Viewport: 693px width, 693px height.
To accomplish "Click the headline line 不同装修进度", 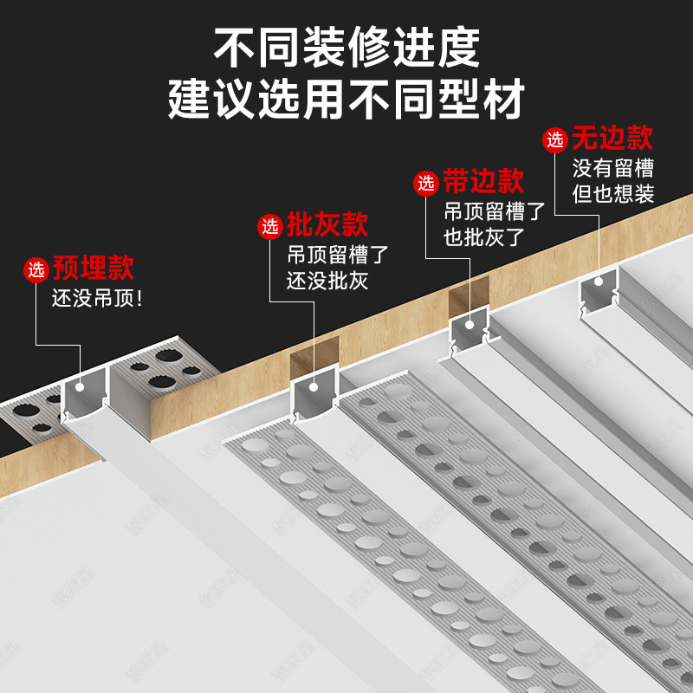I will pos(346,48).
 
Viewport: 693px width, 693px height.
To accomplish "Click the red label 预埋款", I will pos(94,268).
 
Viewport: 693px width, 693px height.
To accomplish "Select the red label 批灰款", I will pos(327,226).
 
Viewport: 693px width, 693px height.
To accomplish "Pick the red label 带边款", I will pos(483,182).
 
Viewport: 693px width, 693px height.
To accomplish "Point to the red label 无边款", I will pos(612,138).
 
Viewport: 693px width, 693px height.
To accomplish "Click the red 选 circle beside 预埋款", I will pos(36,269).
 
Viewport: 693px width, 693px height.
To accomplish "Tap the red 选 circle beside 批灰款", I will pos(271,227).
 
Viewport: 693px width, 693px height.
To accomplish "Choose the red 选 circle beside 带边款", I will pos(426,183).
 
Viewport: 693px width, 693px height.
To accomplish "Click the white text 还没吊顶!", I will pos(98,299).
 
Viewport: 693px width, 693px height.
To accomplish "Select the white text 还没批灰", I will pos(328,281).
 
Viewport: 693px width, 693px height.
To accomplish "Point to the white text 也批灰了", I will pos(484,236).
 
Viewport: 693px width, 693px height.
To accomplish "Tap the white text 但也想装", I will pos(612,194).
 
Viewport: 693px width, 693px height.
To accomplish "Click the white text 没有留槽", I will pos(612,166).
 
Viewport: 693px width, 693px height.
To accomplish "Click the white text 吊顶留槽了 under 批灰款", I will pos(339,255).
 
